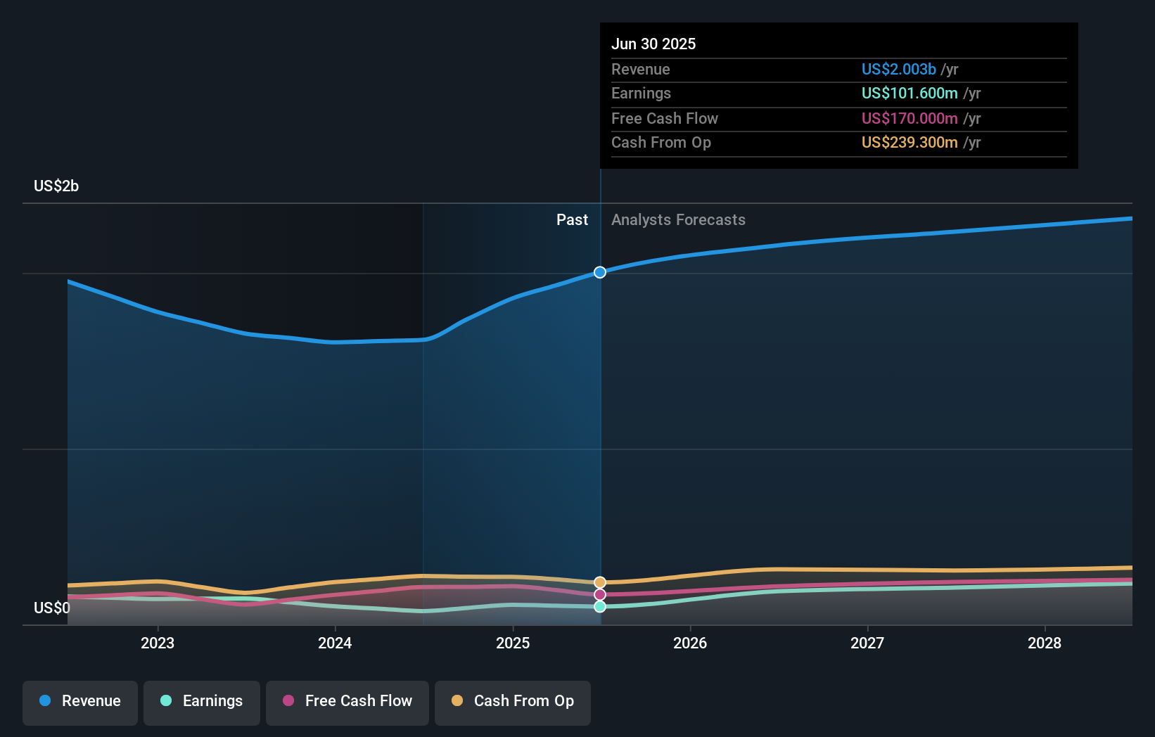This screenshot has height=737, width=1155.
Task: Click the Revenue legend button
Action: click(x=80, y=701)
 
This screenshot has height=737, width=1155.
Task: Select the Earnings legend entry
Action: click(x=202, y=701)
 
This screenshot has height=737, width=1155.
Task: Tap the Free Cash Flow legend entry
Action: click(x=347, y=701)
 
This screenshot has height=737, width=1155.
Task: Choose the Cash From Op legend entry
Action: click(x=513, y=701)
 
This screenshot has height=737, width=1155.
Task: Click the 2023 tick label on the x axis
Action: click(x=158, y=643)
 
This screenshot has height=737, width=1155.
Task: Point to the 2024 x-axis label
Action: click(x=335, y=643)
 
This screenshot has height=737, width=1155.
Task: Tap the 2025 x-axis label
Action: click(x=513, y=643)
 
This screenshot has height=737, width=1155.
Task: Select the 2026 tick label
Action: click(x=690, y=643)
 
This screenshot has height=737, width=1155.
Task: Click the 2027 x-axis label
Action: click(x=867, y=643)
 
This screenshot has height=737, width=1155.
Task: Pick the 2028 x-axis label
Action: click(x=1045, y=643)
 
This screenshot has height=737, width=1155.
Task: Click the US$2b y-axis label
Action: click(x=56, y=186)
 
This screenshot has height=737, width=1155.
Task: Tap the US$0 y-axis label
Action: click(x=52, y=608)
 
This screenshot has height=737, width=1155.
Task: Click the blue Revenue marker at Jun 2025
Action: click(x=600, y=272)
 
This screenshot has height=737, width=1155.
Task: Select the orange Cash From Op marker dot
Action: click(x=600, y=582)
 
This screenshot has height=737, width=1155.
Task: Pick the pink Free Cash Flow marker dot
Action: click(x=600, y=595)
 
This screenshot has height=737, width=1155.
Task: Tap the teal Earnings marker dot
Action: click(x=600, y=606)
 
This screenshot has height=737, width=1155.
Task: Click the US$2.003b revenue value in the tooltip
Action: click(x=898, y=69)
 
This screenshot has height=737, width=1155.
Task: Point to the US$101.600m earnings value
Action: click(x=910, y=94)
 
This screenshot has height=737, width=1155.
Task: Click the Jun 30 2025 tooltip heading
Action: click(x=653, y=44)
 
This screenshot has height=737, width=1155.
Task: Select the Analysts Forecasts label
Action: click(x=678, y=220)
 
